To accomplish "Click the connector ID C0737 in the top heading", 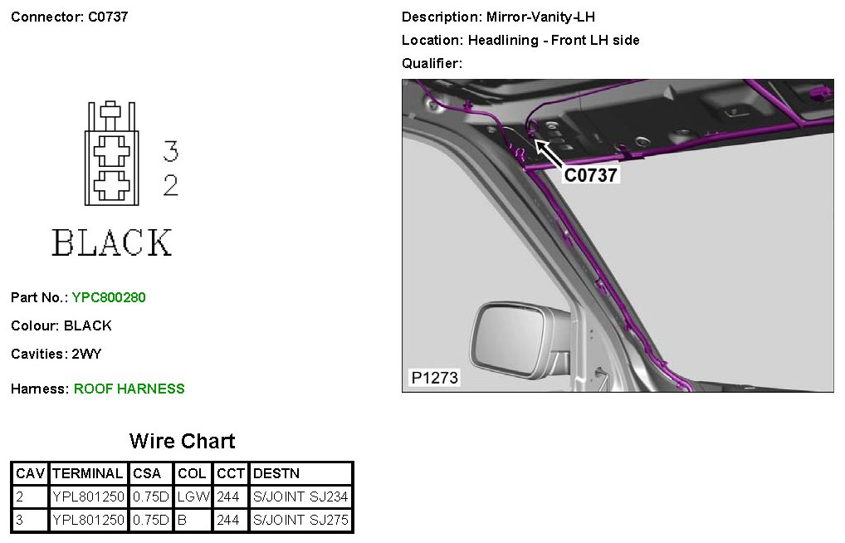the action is tap(108, 17).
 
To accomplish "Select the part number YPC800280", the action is tap(109, 297).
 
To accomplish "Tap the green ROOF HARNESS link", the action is tap(129, 389).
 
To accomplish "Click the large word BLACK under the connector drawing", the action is tap(112, 242).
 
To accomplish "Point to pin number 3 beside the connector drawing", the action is tap(171, 151).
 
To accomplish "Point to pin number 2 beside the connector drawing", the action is tap(171, 185).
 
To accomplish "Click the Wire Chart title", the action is tap(182, 441).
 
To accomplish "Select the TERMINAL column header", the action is tap(88, 473).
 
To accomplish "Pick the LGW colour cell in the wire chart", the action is tap(193, 497).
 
